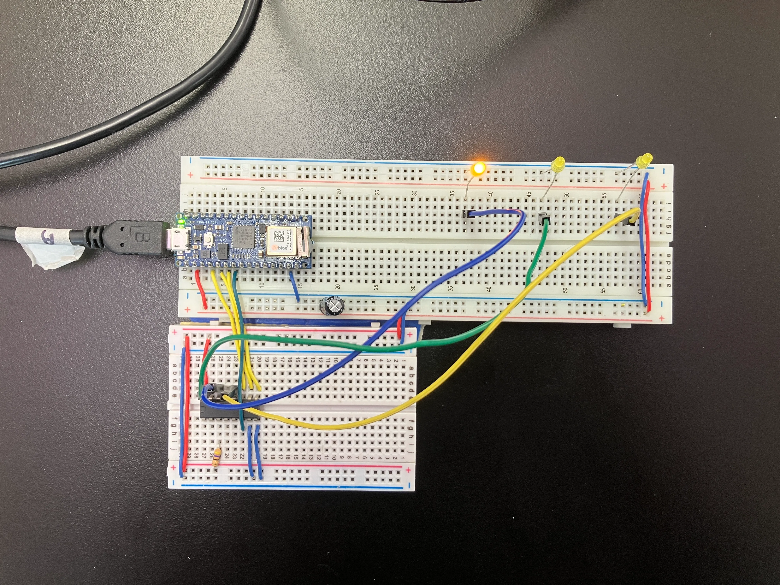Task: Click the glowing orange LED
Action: tap(479, 168)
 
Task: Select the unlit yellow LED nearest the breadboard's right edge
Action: tap(644, 160)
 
